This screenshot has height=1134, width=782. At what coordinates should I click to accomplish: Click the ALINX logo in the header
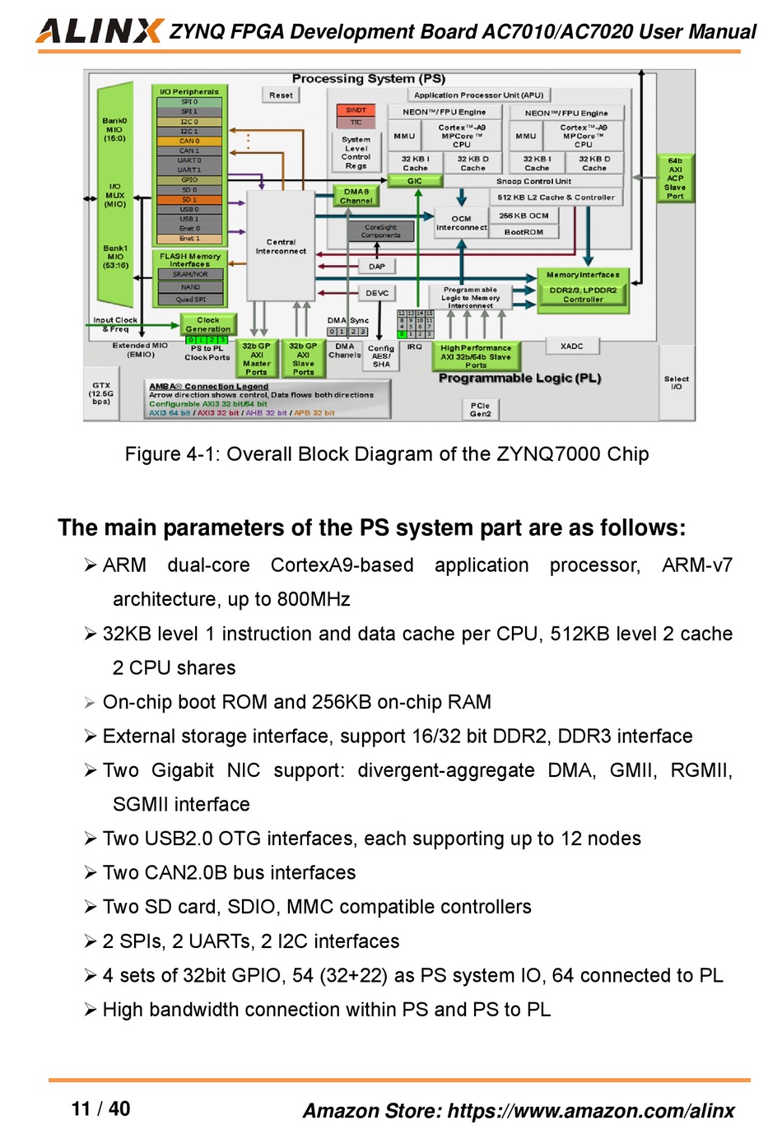point(99,30)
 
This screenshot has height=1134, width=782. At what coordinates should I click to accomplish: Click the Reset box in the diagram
point(281,95)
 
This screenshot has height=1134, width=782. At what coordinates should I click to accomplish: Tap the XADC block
point(571,346)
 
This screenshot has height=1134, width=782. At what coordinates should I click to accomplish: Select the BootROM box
point(524,232)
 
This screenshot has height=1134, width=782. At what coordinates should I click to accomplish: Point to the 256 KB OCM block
point(524,216)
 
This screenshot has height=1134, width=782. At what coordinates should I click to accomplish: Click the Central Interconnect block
point(281,246)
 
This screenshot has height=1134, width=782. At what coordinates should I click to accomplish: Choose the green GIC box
point(415,181)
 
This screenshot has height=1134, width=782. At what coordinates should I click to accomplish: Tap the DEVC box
point(377,293)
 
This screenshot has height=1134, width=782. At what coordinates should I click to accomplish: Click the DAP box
point(377,267)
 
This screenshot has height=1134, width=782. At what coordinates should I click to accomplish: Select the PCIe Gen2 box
point(480,409)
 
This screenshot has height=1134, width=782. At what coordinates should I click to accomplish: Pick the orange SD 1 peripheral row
point(189,199)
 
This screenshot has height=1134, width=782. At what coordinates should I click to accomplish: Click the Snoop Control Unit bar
point(533,181)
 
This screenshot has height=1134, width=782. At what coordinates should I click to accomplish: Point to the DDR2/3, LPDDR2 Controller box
point(583,295)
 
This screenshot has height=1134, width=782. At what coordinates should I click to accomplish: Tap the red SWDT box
point(356,109)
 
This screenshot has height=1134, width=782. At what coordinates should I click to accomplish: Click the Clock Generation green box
point(208,324)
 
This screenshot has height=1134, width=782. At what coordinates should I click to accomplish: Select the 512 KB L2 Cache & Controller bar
point(556,198)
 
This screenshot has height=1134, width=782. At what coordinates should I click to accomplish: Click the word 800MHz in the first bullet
point(314,599)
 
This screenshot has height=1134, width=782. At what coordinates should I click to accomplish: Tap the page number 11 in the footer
point(81,1108)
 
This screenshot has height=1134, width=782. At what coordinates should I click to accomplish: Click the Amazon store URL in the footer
point(590,1111)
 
